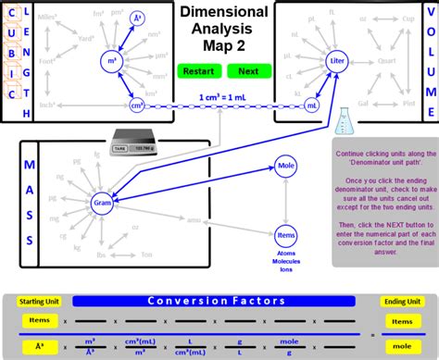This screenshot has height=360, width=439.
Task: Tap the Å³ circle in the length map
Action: click(x=137, y=18)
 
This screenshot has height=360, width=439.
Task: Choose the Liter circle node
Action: click(x=338, y=61)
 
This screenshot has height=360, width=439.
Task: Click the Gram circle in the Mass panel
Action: click(x=102, y=203)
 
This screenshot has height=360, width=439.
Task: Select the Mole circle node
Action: click(x=286, y=167)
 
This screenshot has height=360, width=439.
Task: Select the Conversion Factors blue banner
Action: click(x=219, y=301)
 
